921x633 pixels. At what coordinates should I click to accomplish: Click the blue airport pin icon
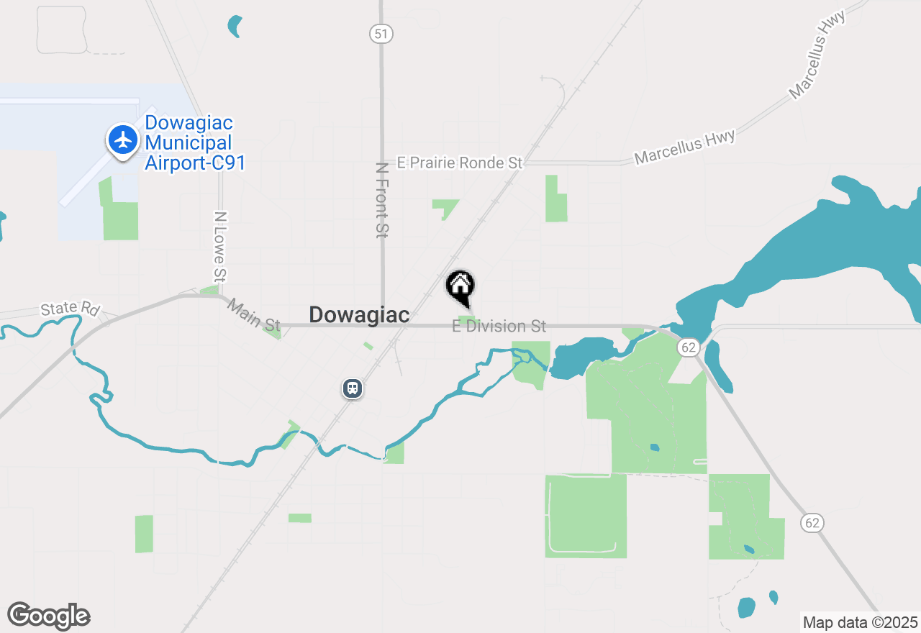coord(124,140)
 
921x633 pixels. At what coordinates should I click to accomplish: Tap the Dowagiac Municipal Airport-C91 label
coord(195,143)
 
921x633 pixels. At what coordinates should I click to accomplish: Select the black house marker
coord(460,286)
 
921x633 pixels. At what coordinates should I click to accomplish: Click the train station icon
coord(352,388)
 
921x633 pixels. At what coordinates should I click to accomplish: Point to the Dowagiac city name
coord(359,314)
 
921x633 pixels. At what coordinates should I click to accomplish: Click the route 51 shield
coord(381,33)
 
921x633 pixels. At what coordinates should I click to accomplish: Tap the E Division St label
coord(499,327)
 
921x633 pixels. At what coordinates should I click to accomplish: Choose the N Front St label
coord(382,200)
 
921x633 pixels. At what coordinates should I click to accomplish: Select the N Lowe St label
coord(221,246)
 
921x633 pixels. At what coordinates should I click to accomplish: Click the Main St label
coord(254,316)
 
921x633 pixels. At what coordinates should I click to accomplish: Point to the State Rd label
coord(70,309)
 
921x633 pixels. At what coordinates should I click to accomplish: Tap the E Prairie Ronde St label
coord(460,163)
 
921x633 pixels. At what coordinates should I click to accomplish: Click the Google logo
coord(49,616)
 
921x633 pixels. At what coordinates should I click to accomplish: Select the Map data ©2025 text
coord(860,623)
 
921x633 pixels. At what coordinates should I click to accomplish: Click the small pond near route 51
coord(235,26)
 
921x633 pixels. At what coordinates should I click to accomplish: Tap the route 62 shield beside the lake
coord(689,347)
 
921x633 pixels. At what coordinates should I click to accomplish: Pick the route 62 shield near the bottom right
coord(812,522)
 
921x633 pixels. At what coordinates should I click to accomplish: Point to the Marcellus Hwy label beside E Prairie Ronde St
coord(684,147)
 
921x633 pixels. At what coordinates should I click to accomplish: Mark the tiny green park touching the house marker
coord(468,319)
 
